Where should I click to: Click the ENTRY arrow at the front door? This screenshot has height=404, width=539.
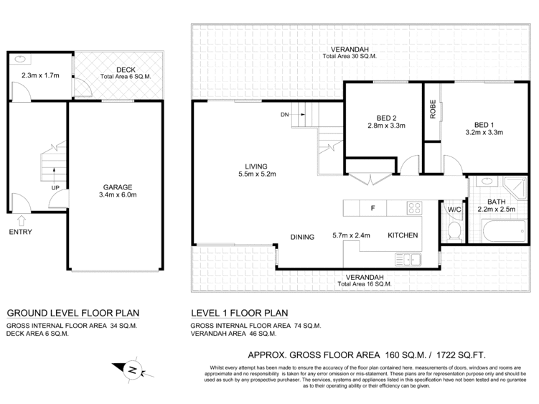(x=22, y=220)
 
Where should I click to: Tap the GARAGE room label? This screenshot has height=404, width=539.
(x=118, y=187)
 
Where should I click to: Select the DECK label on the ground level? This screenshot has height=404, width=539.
(x=126, y=70)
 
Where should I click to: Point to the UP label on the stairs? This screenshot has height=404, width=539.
(x=55, y=188)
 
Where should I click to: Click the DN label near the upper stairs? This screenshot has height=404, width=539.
(x=285, y=115)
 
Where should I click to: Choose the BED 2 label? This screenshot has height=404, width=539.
(x=386, y=118)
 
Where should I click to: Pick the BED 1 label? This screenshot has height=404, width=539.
(x=484, y=125)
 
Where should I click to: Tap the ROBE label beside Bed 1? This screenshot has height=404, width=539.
(x=433, y=109)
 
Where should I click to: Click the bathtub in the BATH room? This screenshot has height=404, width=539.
(x=505, y=231)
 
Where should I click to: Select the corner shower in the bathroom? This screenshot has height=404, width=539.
(x=515, y=188)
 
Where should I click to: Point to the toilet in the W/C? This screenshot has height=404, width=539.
(x=454, y=231)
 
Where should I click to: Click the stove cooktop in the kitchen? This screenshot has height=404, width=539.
(x=414, y=208)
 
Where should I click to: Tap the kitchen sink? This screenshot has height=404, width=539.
(x=408, y=260)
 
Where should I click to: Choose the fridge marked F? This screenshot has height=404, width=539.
(x=372, y=208)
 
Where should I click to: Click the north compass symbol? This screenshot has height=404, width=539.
(x=132, y=370)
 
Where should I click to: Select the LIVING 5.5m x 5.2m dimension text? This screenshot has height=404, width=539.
(x=257, y=174)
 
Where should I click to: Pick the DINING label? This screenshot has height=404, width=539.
(x=302, y=237)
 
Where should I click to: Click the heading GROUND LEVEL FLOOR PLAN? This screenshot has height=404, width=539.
(x=73, y=314)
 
